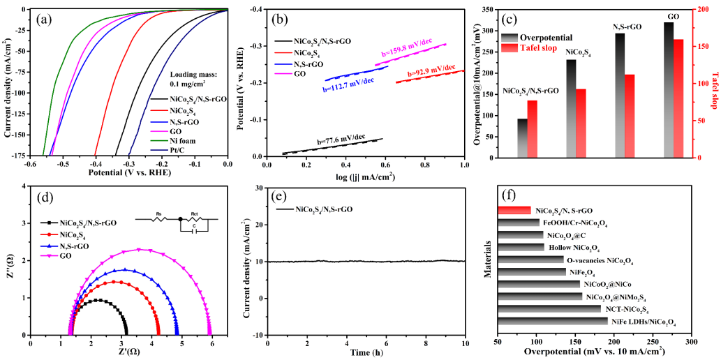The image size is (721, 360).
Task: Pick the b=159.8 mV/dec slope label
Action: (x=406, y=52)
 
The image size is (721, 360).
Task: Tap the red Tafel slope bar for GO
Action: (x=677, y=98)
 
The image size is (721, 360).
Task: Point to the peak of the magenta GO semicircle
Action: (x=140, y=249)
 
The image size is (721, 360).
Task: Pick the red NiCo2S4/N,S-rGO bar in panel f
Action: (x=515, y=210)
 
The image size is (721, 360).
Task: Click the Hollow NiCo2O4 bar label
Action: (x=574, y=248)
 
